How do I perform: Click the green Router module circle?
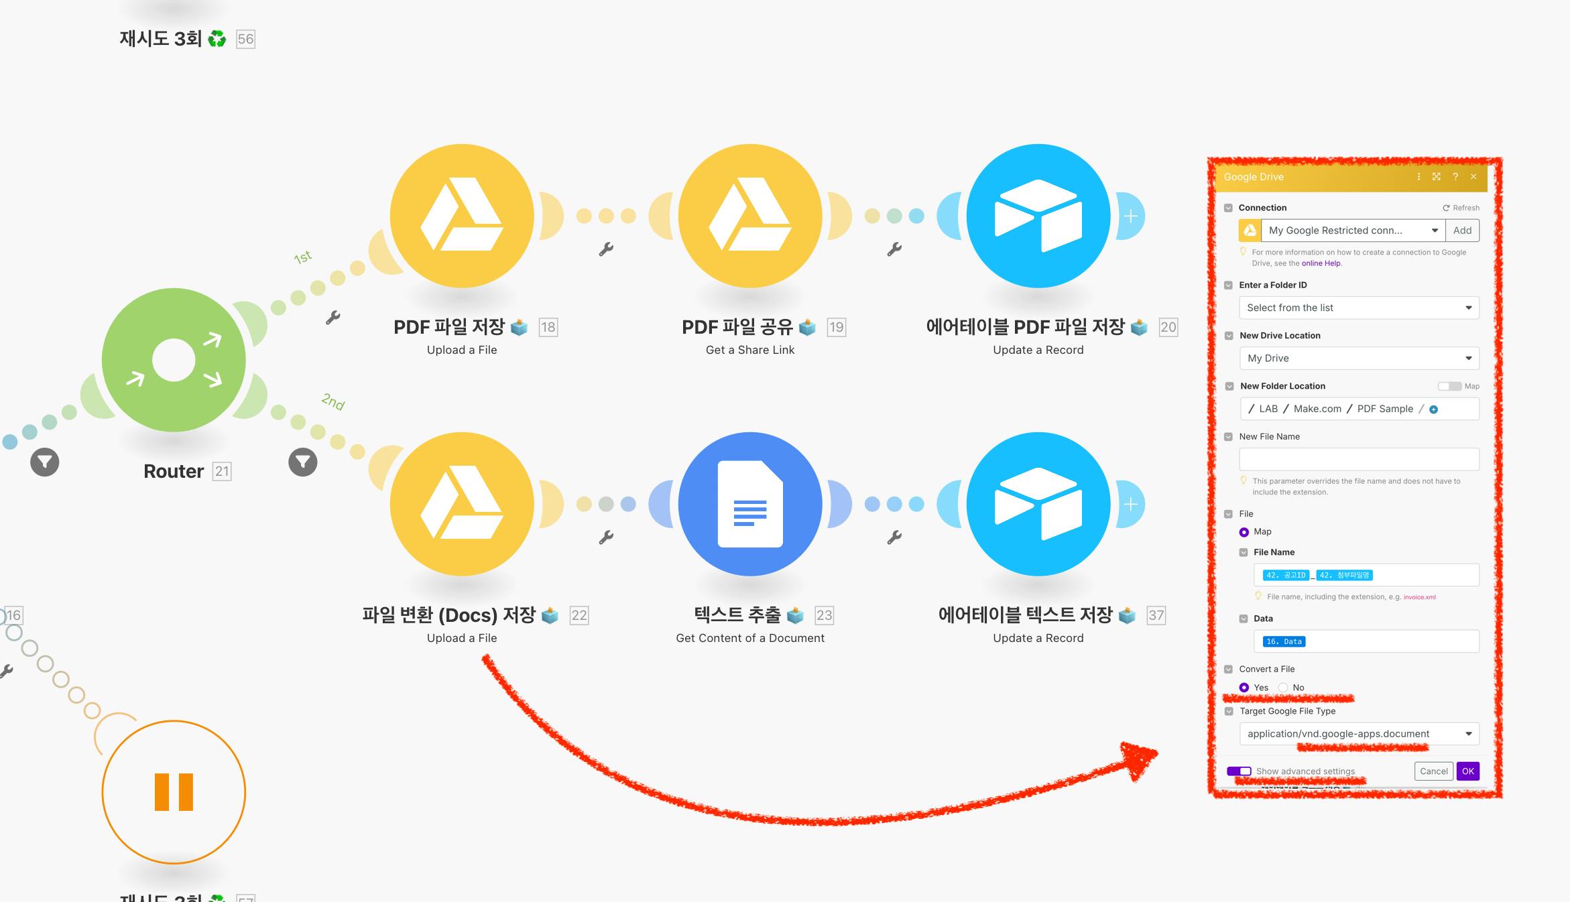coord(174,360)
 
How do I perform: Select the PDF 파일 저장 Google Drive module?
coord(462,216)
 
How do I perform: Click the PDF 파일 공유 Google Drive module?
coord(750,216)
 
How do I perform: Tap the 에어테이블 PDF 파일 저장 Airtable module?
coord(1038,216)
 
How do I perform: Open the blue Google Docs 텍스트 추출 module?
coord(750,504)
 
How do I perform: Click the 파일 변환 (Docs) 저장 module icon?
coord(462,504)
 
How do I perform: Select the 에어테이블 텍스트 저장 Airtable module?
coord(1038,504)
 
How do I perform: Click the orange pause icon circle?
coord(174,792)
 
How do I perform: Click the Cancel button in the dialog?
coord(1433,771)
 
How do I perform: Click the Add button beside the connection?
coord(1462,231)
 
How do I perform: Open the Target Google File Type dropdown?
coord(1359,734)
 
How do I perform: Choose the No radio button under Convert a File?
coord(1283,688)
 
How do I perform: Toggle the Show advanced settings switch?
coord(1239,771)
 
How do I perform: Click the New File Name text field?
coord(1359,460)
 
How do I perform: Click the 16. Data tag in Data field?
coord(1284,641)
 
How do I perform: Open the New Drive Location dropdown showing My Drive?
coord(1359,359)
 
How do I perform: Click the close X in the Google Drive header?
coord(1473,177)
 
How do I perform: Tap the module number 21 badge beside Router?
coord(222,472)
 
